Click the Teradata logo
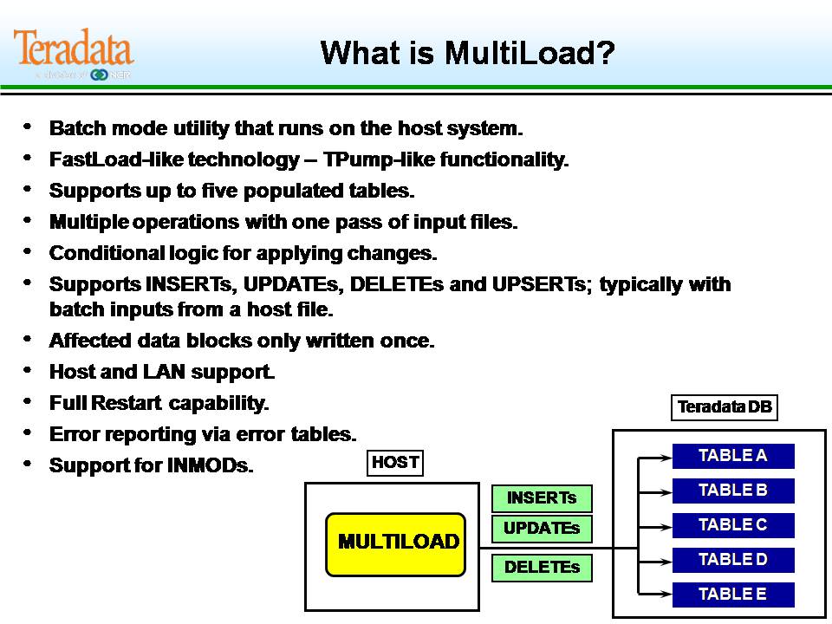tap(74, 52)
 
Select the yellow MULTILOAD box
tap(396, 543)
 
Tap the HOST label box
tap(395, 463)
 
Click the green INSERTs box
tap(542, 498)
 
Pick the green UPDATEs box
tap(542, 528)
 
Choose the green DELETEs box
tap(542, 568)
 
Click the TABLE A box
tap(733, 456)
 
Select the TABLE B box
tap(733, 491)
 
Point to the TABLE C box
tap(733, 525)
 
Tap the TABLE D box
tap(733, 560)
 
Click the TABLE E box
tap(733, 595)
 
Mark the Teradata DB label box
tap(724, 407)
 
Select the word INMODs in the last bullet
tap(209, 465)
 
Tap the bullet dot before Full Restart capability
tap(29, 401)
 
